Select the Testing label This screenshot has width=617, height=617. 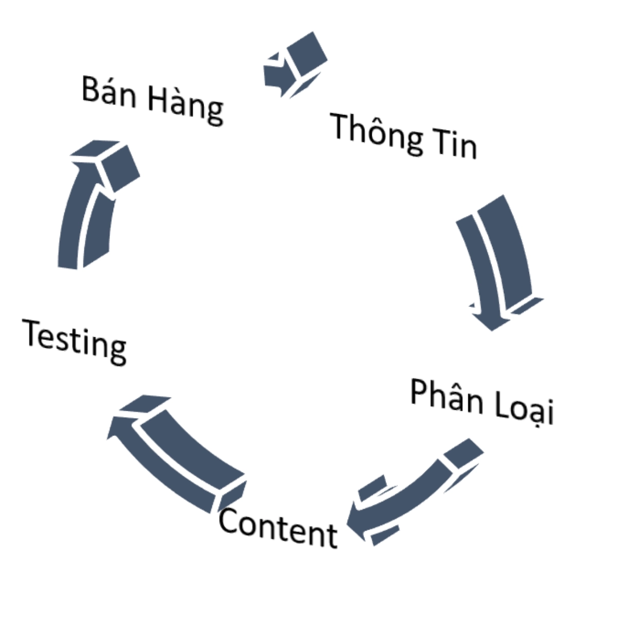pos(75,340)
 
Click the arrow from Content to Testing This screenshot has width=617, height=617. pos(175,452)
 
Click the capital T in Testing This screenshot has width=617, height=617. pos(32,333)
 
